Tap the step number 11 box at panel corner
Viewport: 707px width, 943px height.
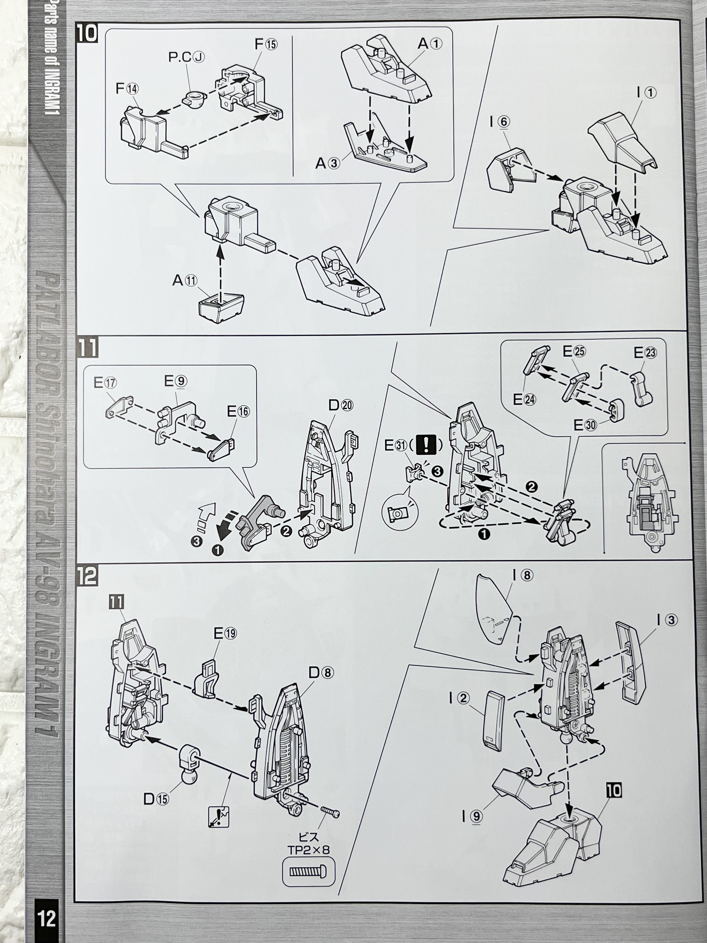87,348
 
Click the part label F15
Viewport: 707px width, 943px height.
266,44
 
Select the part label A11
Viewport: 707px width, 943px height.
185,280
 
